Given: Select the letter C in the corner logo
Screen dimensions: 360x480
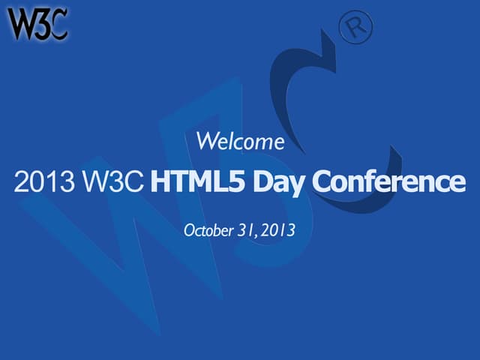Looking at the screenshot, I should coord(58,25).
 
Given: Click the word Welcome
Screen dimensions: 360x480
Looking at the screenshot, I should coord(240,140).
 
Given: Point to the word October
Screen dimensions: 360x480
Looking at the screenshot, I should coord(208,230).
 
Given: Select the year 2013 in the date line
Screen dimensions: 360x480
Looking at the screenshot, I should coord(278,230).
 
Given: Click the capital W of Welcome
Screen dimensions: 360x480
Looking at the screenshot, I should coord(204,140).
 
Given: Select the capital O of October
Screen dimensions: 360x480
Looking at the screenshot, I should coord(190,230).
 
